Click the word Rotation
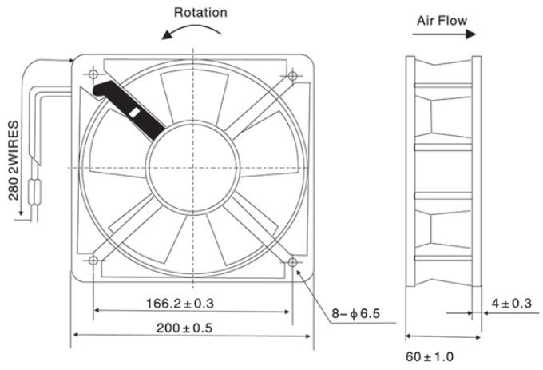(200, 13)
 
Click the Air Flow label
(442, 21)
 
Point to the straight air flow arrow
(444, 34)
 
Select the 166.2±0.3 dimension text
(180, 304)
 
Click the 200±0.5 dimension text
(184, 328)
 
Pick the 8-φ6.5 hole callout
(355, 313)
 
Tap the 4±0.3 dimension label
(512, 304)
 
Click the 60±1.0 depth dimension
(430, 356)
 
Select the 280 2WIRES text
(14, 161)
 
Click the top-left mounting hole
(93, 74)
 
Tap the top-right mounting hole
(292, 76)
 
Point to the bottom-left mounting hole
(93, 261)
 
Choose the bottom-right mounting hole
(292, 262)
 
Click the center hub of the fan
(193, 168)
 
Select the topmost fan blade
(195, 97)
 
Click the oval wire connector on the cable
(35, 190)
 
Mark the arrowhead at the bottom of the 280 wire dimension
(21, 212)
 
